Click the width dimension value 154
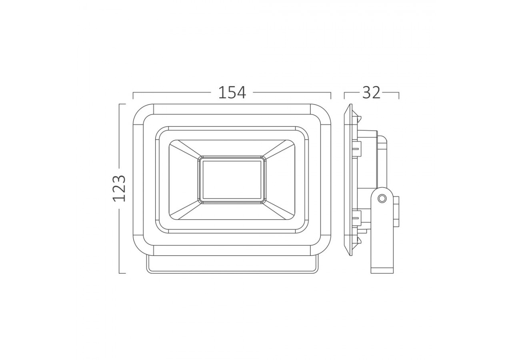(x=232, y=92)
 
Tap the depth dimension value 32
(x=371, y=92)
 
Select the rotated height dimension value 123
(x=119, y=188)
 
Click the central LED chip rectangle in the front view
(x=232, y=180)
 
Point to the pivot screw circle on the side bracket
(x=382, y=198)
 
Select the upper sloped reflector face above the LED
(x=232, y=148)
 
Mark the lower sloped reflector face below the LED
(x=232, y=212)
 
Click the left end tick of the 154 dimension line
(x=133, y=95)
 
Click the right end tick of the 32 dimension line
(x=399, y=95)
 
